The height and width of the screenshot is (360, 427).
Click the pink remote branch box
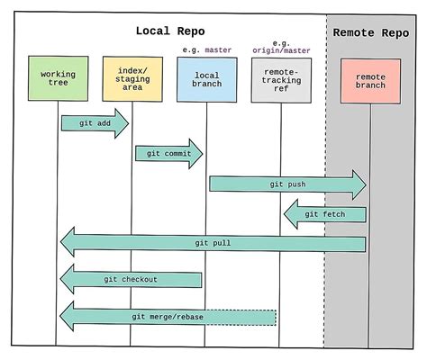coord(370,81)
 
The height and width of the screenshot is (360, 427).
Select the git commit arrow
coord(168,153)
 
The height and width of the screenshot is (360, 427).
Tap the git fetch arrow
coord(325,214)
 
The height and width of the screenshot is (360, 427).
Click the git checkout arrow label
coord(132,280)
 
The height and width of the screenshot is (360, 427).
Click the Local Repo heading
coord(170,31)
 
